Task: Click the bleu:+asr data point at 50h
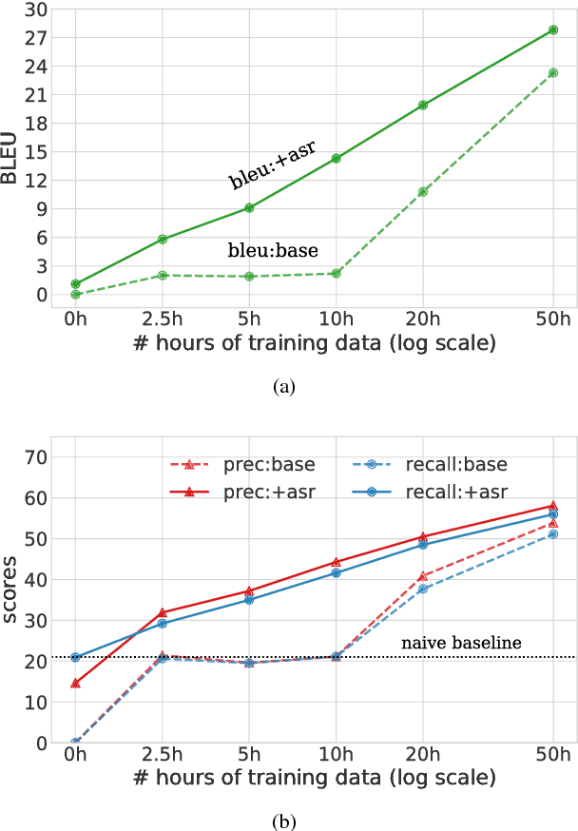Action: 553,30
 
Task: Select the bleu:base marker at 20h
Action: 423,191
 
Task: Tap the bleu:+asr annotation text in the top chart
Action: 272,164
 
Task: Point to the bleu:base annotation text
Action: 272,252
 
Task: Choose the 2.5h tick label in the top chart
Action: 163,319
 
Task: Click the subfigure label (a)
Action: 284,386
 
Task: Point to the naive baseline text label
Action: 461,644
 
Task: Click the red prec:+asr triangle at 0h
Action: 75,683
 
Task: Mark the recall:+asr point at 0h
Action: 75,657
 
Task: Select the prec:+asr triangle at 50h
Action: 553,506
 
